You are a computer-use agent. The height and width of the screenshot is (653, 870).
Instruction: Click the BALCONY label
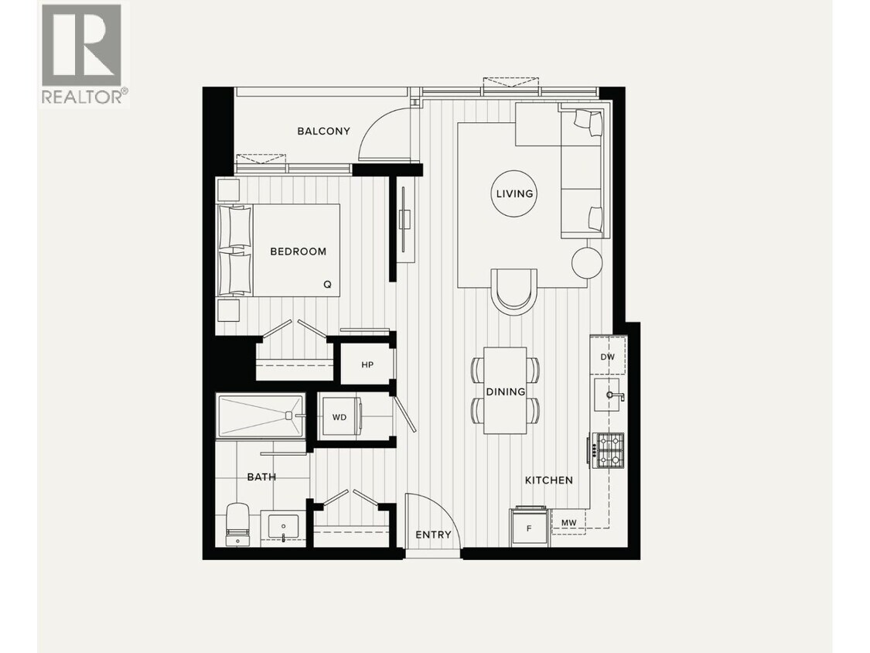323,131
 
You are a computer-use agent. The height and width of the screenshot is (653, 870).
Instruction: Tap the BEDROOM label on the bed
298,251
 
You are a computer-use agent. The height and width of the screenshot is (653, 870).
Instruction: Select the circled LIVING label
514,193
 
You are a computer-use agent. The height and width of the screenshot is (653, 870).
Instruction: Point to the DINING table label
506,391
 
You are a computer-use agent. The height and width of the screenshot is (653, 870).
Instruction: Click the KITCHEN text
549,480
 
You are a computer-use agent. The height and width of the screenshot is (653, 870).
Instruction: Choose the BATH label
261,477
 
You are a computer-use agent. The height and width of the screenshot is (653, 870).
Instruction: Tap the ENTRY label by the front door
433,535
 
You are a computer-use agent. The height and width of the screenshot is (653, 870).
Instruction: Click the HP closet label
367,364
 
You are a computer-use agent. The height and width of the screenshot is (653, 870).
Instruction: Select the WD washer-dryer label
339,417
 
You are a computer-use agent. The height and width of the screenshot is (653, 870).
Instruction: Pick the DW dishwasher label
608,357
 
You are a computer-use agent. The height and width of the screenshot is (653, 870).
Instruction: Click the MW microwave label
568,524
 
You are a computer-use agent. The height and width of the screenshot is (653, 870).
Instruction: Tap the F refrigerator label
529,529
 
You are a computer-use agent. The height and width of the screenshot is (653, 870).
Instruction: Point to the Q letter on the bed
327,284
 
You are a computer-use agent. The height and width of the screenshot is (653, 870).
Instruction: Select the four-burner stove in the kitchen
607,450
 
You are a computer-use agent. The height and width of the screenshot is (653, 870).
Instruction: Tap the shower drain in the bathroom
288,415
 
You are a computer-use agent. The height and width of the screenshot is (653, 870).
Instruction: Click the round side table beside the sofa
587,263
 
